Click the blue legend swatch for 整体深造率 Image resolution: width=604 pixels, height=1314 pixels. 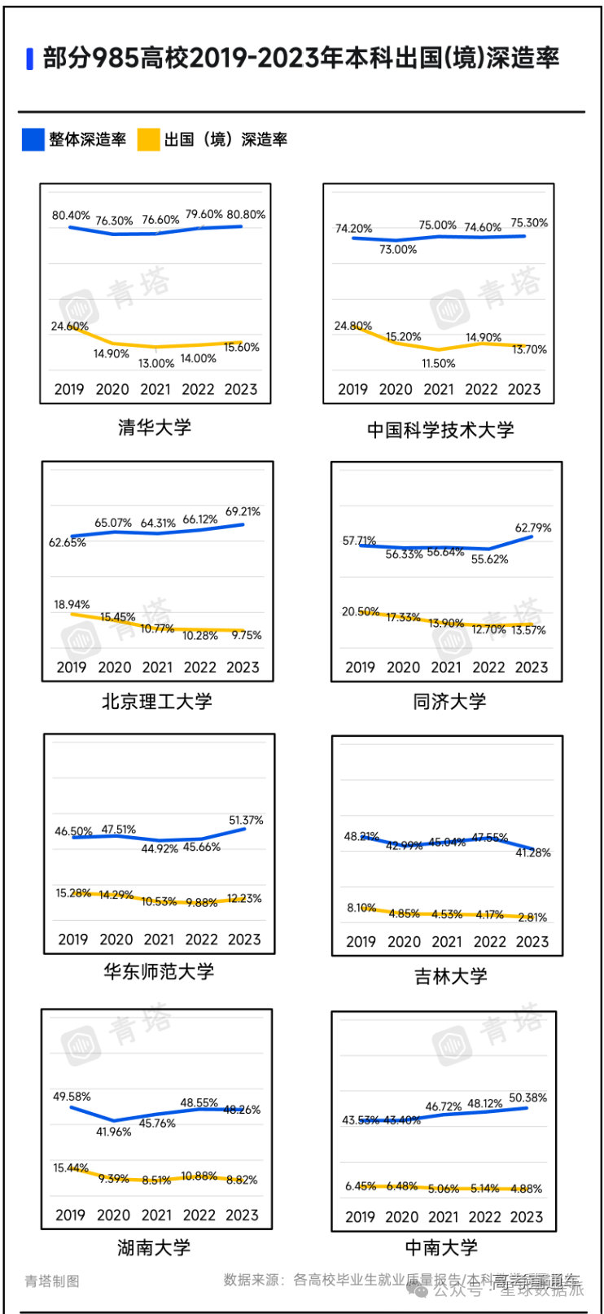pyautogui.click(x=33, y=139)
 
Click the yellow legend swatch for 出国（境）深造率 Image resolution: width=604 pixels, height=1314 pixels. pyautogui.click(x=148, y=139)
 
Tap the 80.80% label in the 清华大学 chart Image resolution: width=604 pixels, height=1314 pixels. pyautogui.click(x=246, y=215)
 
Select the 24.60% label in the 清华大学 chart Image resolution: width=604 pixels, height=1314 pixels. pyautogui.click(x=69, y=326)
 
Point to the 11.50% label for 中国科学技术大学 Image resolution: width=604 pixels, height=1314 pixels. pyautogui.click(x=439, y=363)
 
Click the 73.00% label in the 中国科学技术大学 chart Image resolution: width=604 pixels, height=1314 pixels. pyautogui.click(x=398, y=250)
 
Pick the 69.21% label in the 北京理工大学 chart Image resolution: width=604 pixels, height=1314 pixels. pyautogui.click(x=243, y=512)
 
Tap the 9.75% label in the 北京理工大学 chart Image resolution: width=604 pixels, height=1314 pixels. pyautogui.click(x=247, y=635)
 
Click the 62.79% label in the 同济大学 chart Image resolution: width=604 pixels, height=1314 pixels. pyautogui.click(x=533, y=528)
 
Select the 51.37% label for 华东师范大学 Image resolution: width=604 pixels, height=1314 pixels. pyautogui.click(x=246, y=821)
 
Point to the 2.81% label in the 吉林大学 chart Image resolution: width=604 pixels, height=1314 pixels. pyautogui.click(x=532, y=917)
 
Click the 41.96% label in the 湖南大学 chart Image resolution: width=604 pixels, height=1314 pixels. pyautogui.click(x=114, y=1132)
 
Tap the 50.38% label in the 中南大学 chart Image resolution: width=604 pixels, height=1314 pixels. pyautogui.click(x=528, y=1098)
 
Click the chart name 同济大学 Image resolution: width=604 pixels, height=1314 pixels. pyautogui.click(x=449, y=701)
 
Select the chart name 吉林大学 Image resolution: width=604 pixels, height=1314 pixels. pyautogui.click(x=451, y=976)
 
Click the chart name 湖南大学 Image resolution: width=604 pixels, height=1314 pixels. pyautogui.click(x=154, y=1246)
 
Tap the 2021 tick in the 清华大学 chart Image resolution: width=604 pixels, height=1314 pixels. pyautogui.click(x=155, y=389)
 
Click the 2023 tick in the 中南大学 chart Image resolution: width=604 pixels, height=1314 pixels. pyautogui.click(x=527, y=1216)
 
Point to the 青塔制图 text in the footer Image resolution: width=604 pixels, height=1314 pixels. pyautogui.click(x=52, y=1281)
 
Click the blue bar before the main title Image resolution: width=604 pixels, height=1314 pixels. pyautogui.click(x=30, y=59)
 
